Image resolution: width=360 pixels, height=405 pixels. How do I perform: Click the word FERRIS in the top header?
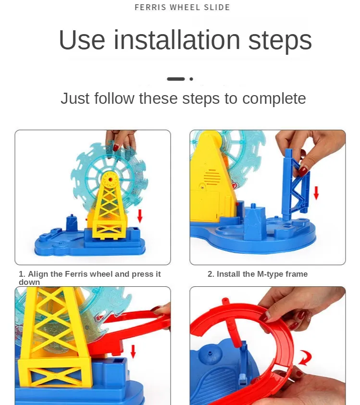tap(150, 7)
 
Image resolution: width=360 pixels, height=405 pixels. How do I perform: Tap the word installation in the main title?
tap(177, 40)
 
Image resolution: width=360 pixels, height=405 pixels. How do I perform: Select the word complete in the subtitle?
tap(274, 98)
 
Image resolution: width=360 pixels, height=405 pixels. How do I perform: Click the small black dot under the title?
tap(191, 79)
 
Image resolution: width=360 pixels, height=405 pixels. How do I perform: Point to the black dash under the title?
tap(176, 79)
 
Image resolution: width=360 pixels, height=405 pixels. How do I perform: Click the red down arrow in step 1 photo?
tap(140, 216)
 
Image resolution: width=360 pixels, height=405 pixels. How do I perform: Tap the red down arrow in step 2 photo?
tap(316, 193)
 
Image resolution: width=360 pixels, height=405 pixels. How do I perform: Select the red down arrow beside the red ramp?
tap(133, 351)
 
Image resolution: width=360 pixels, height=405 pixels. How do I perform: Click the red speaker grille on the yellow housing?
tap(212, 176)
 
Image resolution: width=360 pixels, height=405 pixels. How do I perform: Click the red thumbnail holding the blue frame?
tap(303, 171)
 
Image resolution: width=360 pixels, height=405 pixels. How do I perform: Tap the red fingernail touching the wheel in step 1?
tap(116, 148)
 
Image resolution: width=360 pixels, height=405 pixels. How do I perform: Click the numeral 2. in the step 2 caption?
tap(211, 274)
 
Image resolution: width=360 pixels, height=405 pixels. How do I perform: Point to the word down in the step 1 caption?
tap(29, 282)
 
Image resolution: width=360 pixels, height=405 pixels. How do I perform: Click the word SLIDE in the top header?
tap(217, 7)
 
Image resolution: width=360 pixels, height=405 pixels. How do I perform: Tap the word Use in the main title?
tap(82, 40)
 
